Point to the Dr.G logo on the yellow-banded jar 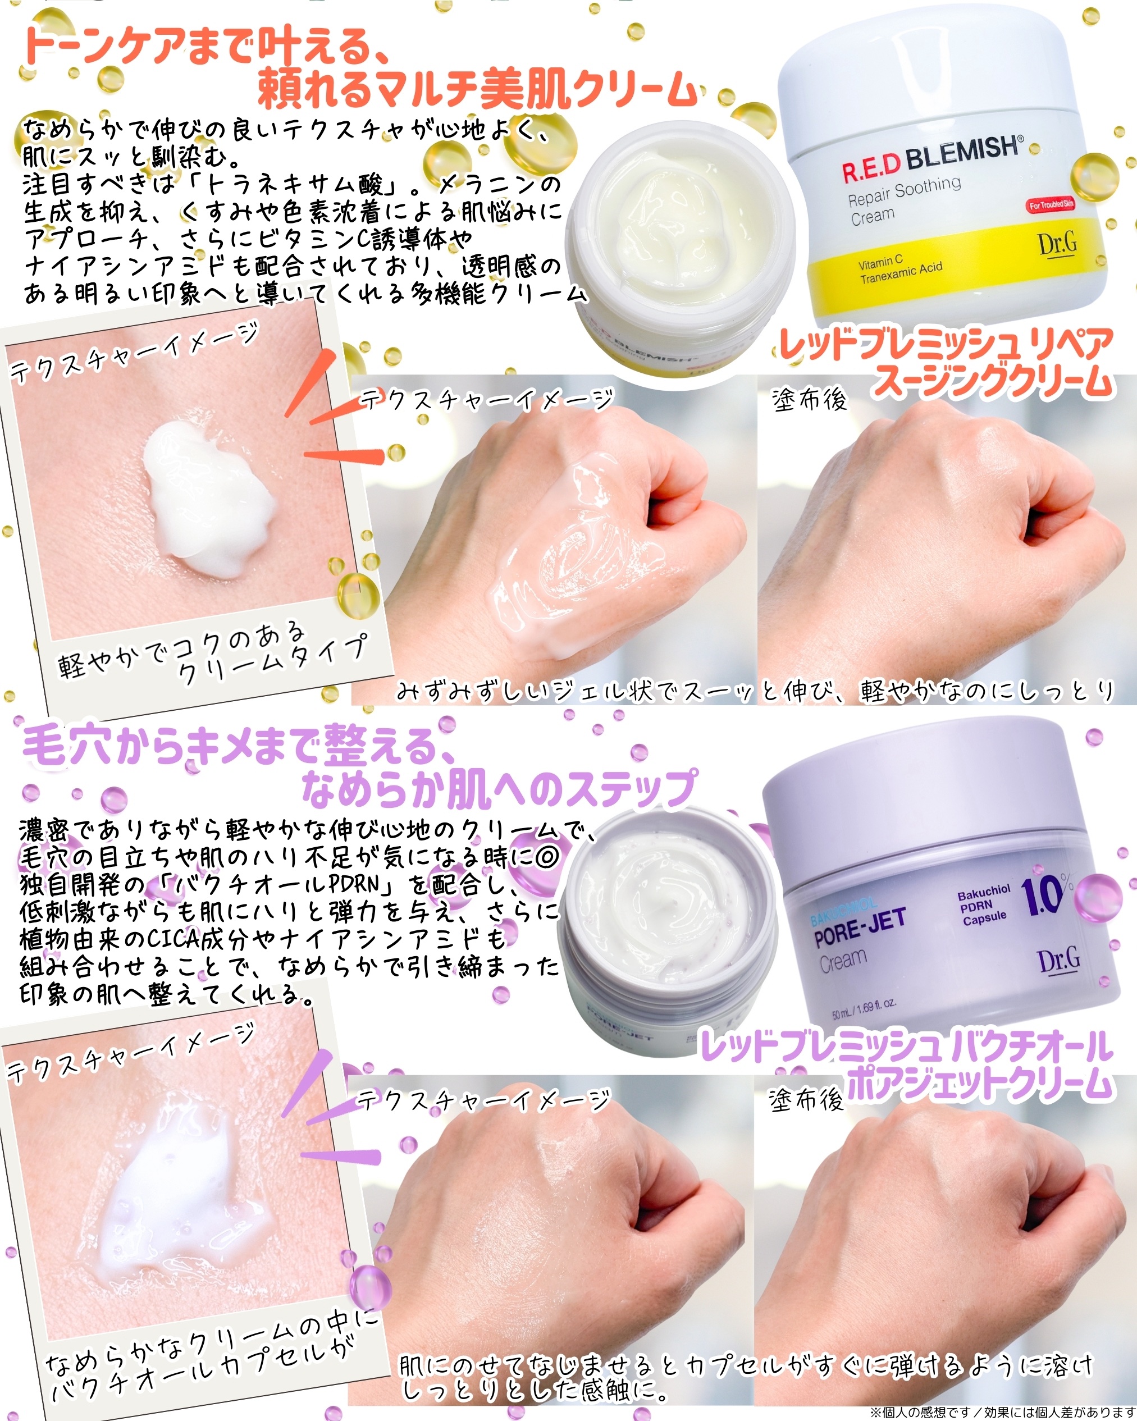tap(1058, 244)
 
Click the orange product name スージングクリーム tap(993, 383)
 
